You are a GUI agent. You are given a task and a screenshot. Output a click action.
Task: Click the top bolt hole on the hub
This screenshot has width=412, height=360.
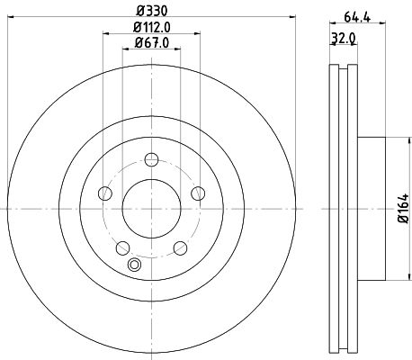coord(151,160)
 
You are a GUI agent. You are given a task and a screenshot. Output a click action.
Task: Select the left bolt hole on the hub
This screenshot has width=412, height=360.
coord(104,193)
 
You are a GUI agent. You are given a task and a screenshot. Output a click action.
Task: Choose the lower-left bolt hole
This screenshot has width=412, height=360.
coord(122,246)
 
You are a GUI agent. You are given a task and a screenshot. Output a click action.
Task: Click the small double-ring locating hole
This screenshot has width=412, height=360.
coord(135,265)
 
